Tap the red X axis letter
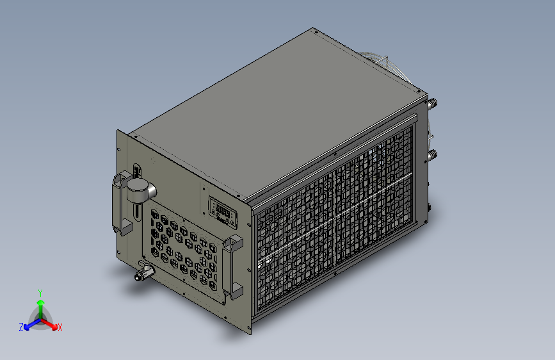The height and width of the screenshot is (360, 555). click(60, 327)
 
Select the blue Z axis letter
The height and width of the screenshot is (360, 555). click(21, 327)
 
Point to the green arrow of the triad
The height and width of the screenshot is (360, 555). click(40, 304)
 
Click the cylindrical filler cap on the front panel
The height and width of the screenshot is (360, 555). click(139, 189)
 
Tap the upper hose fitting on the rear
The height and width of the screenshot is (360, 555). click(433, 102)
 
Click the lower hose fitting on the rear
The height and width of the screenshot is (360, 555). click(433, 154)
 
